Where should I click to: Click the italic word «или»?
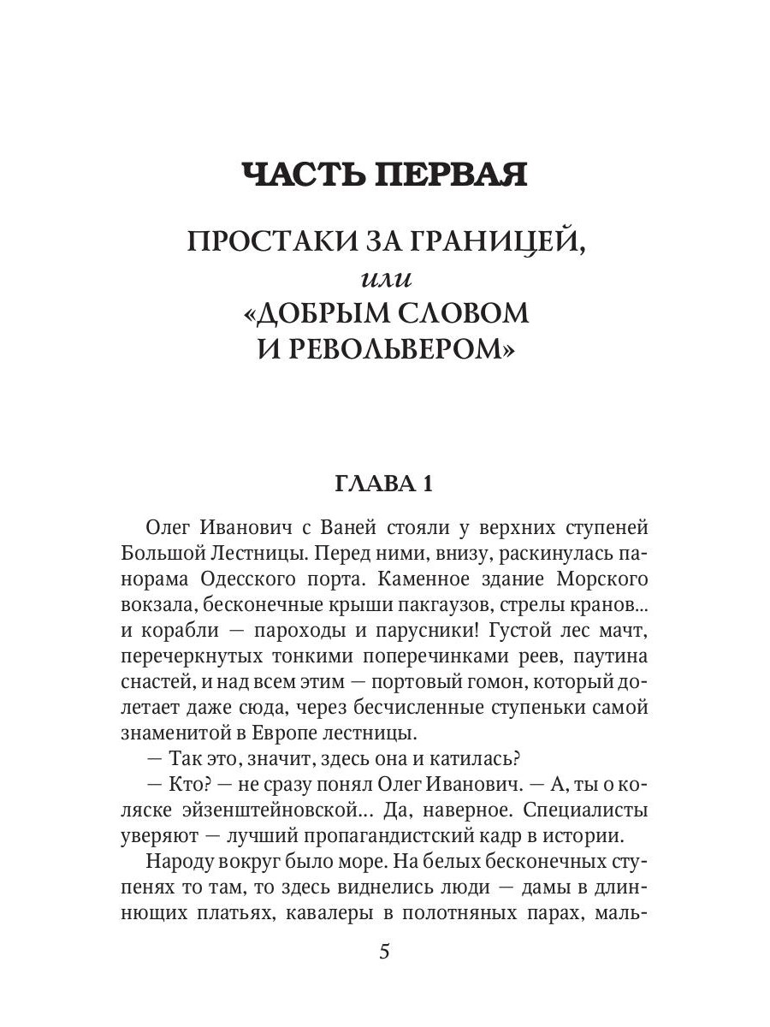click(384, 278)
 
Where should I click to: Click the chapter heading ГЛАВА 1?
click(384, 484)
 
